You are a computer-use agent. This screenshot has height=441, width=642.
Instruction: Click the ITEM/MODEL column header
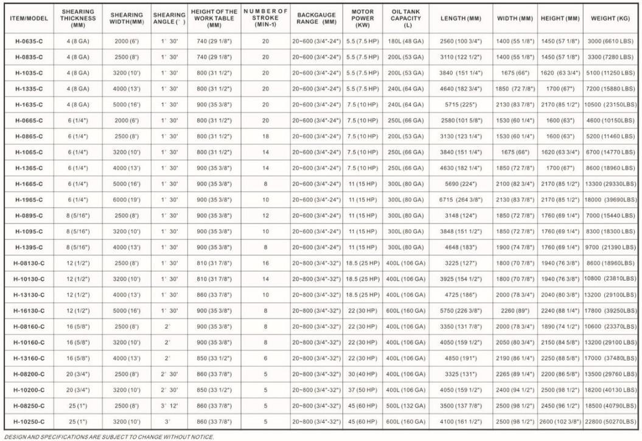tap(28, 18)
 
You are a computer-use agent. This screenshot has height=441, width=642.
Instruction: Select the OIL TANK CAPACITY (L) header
tap(406, 18)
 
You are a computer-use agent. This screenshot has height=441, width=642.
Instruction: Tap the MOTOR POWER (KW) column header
tap(363, 18)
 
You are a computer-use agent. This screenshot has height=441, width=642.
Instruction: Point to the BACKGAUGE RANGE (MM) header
tap(316, 18)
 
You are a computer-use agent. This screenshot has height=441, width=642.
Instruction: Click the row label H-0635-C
tap(28, 41)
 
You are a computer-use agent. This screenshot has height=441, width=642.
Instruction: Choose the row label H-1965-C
tap(28, 200)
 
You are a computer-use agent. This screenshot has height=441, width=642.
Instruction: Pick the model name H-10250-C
tap(28, 422)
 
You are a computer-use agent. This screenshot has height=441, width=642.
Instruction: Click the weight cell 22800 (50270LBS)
tap(611, 422)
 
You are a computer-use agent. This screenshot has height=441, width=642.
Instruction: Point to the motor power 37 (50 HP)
tap(363, 390)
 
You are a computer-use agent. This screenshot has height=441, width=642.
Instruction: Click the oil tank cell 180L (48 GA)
tap(406, 41)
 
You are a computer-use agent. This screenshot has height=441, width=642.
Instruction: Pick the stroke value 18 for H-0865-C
tap(265, 136)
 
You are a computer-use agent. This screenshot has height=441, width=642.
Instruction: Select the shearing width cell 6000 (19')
tap(127, 200)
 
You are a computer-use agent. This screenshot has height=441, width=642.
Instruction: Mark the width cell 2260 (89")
tap(515, 311)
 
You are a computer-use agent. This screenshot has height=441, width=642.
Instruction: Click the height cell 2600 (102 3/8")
tap(560, 422)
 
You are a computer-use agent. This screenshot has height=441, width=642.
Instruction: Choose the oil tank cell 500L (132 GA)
tap(406, 406)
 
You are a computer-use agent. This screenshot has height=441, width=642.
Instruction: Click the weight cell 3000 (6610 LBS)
tap(611, 41)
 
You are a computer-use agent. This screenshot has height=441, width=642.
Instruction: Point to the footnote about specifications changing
tap(108, 437)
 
